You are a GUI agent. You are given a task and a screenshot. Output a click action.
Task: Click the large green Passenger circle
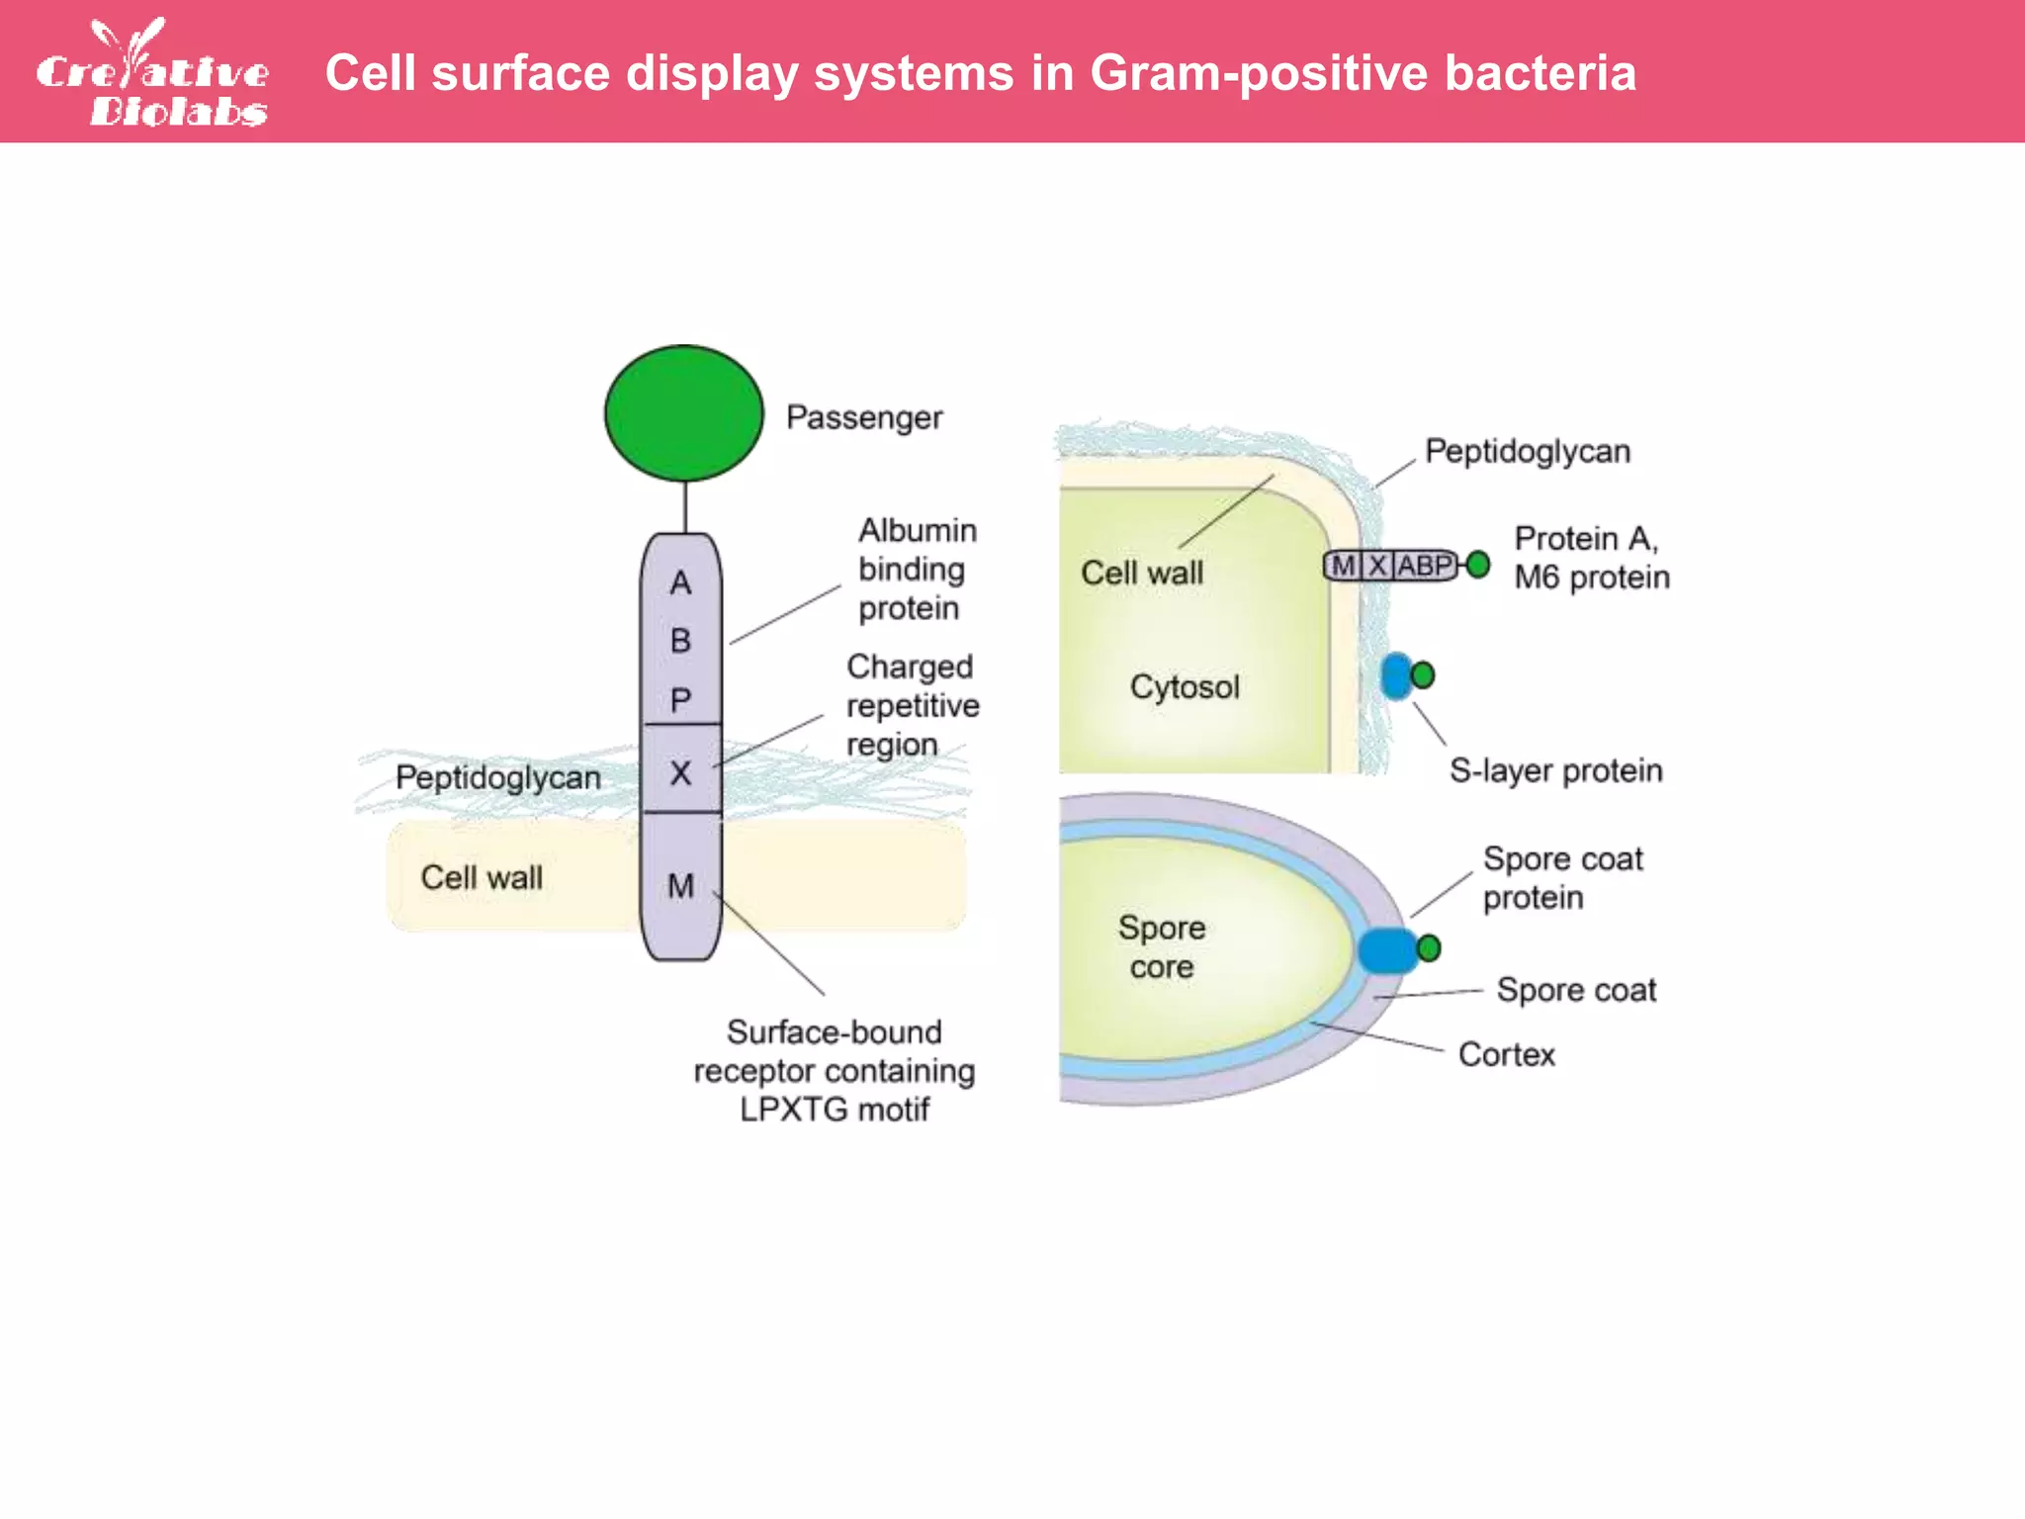[683, 413]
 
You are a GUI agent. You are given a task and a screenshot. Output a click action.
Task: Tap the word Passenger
[863, 417]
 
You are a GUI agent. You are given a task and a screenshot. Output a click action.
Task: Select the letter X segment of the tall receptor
[680, 771]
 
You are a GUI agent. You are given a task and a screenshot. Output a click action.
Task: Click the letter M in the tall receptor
[680, 885]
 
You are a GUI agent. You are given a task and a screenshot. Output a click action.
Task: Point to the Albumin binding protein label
[916, 569]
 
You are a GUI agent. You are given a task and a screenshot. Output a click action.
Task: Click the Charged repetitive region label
[912, 705]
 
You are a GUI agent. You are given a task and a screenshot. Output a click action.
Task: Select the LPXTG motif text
[834, 1110]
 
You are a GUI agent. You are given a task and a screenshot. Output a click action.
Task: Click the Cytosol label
[1184, 686]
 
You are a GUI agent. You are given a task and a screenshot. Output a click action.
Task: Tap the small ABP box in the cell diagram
[1423, 566]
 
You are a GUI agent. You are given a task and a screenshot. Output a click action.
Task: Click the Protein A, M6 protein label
[1590, 558]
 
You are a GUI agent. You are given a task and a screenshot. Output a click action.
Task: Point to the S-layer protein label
[1555, 770]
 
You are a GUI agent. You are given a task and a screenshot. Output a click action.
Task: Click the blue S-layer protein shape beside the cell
[1395, 676]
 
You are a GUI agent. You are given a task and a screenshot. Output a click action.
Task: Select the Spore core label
[1162, 946]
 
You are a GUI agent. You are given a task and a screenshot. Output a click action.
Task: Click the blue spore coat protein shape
[1386, 950]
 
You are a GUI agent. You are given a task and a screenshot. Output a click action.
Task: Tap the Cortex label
[1506, 1054]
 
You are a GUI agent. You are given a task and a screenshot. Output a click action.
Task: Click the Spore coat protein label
[1561, 878]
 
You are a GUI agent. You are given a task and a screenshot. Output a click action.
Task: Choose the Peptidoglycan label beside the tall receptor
[497, 777]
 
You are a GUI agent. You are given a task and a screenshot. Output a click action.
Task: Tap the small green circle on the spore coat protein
[1429, 948]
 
